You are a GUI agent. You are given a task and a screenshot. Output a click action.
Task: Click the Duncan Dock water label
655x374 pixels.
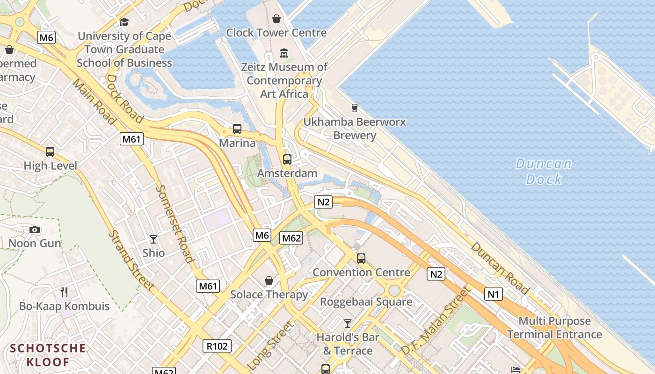(543, 171)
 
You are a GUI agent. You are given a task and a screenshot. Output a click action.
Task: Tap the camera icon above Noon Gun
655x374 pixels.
(35, 230)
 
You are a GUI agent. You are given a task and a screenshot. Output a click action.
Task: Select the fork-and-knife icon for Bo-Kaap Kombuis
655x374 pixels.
(64, 292)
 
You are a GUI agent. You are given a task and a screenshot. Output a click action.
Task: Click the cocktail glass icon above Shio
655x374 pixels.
(153, 239)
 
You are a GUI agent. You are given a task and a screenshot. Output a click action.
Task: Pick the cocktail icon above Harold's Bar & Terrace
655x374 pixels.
(348, 323)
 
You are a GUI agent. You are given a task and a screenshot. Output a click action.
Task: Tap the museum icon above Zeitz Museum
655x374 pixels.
(284, 53)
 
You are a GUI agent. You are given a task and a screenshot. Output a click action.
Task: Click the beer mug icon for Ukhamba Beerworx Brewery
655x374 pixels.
(354, 108)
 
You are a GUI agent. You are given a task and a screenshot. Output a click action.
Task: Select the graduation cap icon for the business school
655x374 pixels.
(124, 22)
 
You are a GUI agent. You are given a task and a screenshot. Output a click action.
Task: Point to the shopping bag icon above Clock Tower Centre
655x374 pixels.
(277, 19)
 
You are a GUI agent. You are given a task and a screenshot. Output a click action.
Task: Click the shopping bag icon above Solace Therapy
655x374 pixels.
(269, 280)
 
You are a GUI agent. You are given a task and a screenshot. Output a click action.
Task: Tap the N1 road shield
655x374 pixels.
(494, 294)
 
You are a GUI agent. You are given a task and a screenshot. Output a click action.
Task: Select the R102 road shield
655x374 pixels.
(217, 346)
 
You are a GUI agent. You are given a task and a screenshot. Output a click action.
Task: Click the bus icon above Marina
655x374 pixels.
(237, 129)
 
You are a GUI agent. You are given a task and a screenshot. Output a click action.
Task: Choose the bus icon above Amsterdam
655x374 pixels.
(287, 159)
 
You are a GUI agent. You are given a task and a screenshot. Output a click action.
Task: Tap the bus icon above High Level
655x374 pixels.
(50, 152)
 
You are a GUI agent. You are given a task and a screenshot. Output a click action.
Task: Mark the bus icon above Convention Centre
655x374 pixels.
(361, 258)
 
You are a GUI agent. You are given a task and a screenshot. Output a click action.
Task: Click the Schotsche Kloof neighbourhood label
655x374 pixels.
(48, 355)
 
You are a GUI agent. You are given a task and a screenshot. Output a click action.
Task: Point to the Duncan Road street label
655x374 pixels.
(500, 268)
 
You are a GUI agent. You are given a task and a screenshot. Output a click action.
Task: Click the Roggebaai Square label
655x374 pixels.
(366, 302)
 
